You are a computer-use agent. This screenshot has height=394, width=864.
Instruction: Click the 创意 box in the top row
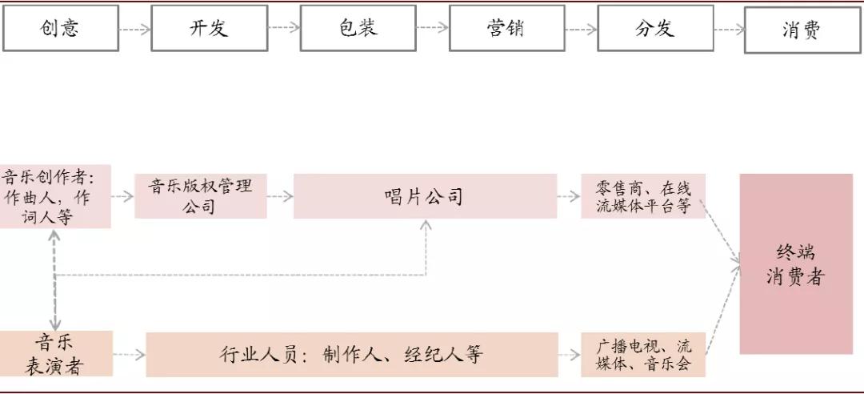(x=61, y=28)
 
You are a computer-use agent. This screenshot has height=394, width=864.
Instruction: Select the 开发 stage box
(x=209, y=28)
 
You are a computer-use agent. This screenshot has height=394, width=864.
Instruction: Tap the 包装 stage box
(x=358, y=28)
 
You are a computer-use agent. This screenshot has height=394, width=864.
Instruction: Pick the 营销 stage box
(x=506, y=28)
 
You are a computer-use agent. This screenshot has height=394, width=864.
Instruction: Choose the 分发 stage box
(x=654, y=28)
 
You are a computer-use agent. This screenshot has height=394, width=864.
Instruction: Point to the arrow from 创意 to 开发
(x=134, y=29)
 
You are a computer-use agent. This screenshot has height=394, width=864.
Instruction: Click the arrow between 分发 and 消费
(x=729, y=29)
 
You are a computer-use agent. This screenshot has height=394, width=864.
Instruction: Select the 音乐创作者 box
(x=54, y=196)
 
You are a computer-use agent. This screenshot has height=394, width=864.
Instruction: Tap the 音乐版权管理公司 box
(x=200, y=196)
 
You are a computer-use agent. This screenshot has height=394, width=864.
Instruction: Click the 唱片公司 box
(x=424, y=196)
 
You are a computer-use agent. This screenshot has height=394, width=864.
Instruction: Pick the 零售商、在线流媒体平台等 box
(x=643, y=196)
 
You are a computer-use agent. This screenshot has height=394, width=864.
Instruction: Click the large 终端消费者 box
(x=795, y=264)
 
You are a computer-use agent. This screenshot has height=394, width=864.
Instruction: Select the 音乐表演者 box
(x=56, y=354)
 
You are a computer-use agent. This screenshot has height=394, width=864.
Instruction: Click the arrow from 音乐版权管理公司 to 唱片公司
(x=280, y=195)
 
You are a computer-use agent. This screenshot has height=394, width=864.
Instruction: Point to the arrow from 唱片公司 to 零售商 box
(x=569, y=195)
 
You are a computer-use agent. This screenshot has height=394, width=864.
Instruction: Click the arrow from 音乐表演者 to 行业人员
(x=129, y=354)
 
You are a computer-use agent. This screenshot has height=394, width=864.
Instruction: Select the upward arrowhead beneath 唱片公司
(x=426, y=226)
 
